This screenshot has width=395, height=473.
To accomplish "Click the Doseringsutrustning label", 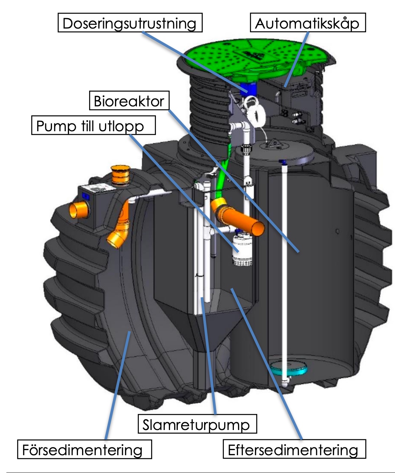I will click(x=130, y=23).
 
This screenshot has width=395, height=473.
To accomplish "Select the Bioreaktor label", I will click(x=129, y=101).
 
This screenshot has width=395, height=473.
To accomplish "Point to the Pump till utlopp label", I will click(x=93, y=126).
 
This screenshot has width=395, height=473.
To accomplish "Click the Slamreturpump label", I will click(x=197, y=424).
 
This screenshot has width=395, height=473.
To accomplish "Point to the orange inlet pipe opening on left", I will click(x=78, y=211).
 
